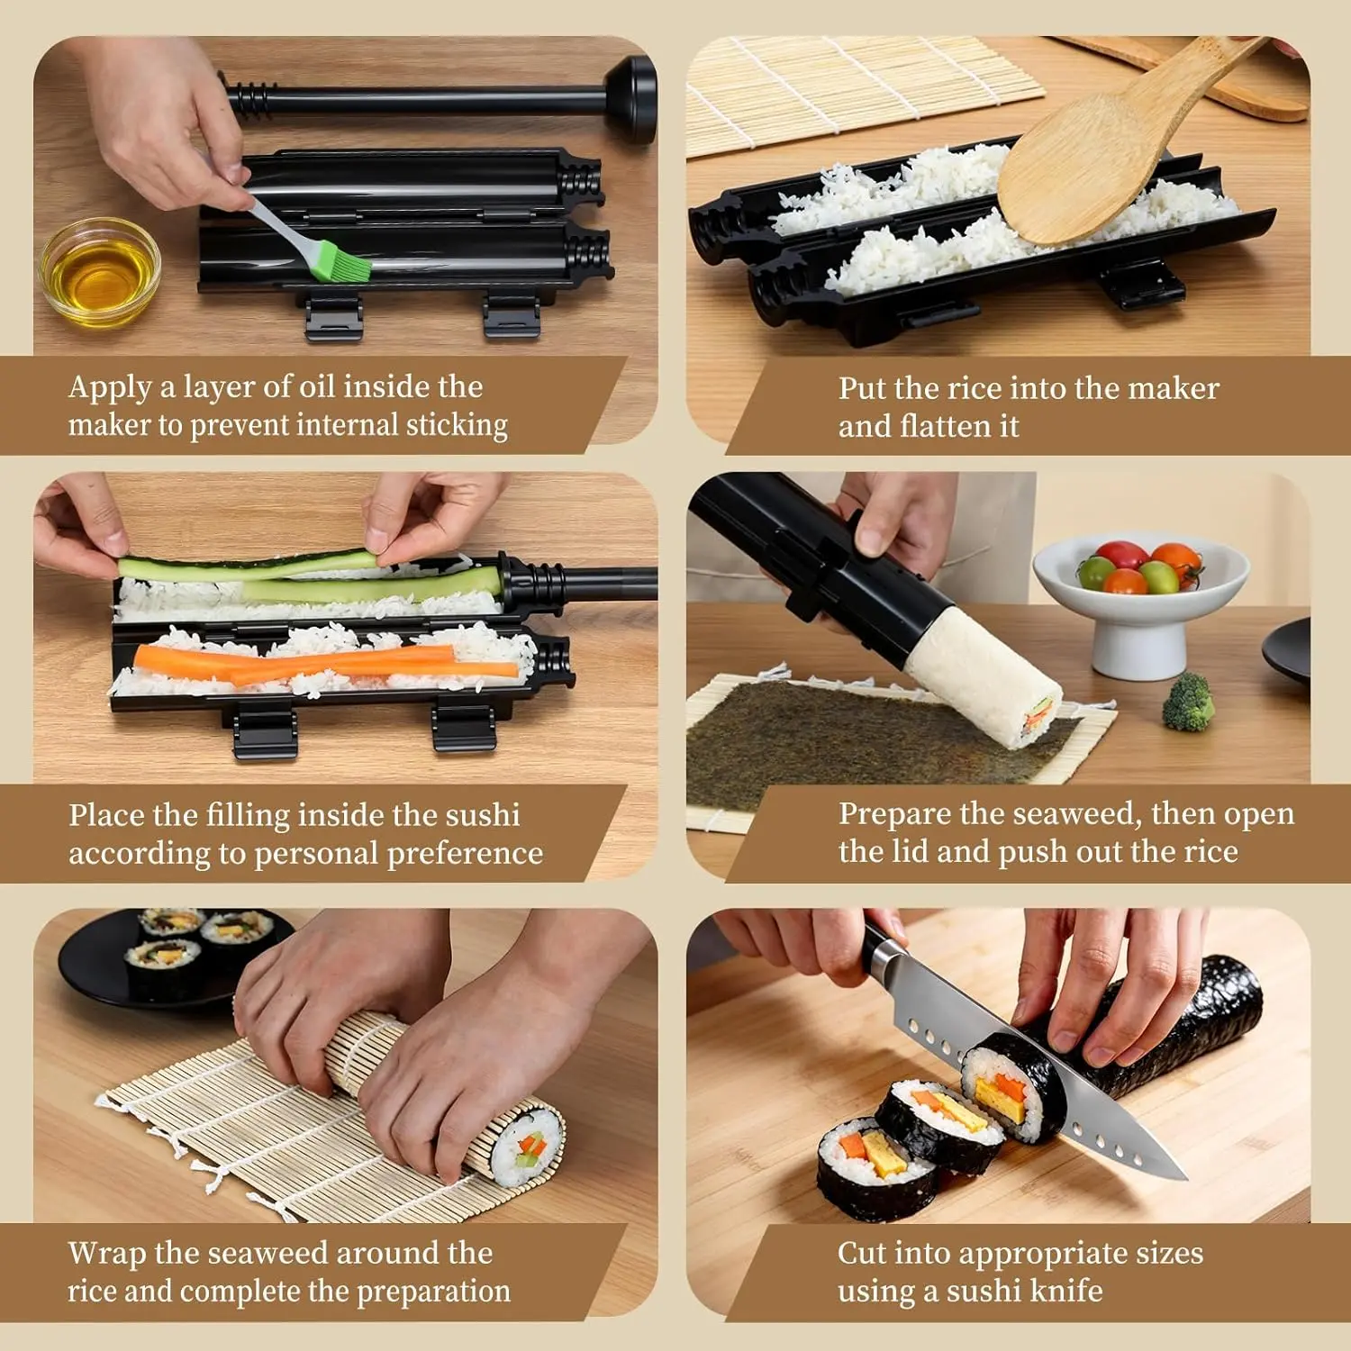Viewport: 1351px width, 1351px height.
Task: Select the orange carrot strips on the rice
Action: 324,665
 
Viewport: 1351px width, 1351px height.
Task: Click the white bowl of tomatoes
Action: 1140,599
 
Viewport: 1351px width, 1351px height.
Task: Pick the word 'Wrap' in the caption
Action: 107,1254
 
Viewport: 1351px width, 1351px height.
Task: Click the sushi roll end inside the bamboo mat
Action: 528,1147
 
